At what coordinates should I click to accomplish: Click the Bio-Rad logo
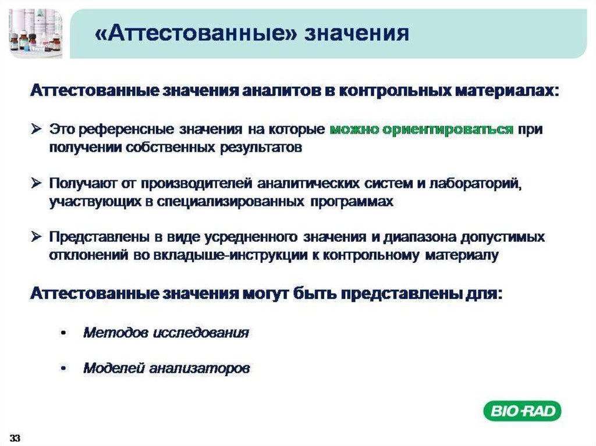522,411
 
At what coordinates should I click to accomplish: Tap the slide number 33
15,438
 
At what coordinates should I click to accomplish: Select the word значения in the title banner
357,34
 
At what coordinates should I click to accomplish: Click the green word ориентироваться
448,130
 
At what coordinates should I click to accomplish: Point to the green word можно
354,130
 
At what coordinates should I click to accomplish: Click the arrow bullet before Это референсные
37,129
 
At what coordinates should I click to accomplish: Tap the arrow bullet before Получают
37,183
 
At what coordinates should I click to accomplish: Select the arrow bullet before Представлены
37,237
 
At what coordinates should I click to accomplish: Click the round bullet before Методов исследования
63,333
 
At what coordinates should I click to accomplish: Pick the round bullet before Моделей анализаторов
63,368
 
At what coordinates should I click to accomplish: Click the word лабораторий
476,184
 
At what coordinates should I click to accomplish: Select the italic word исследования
201,333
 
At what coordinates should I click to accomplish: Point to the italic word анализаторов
199,368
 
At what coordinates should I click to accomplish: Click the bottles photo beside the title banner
36,33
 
